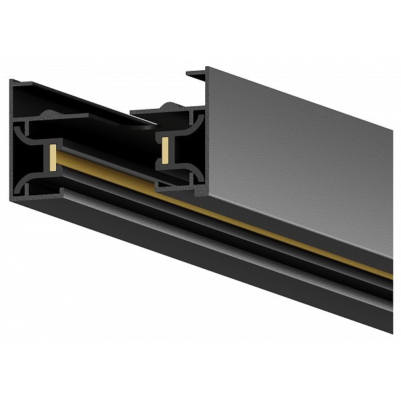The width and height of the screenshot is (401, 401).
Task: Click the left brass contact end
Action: click(x=51, y=155)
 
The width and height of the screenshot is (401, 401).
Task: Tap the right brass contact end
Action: click(x=164, y=151)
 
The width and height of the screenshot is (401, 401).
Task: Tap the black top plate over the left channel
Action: click(x=74, y=100)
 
